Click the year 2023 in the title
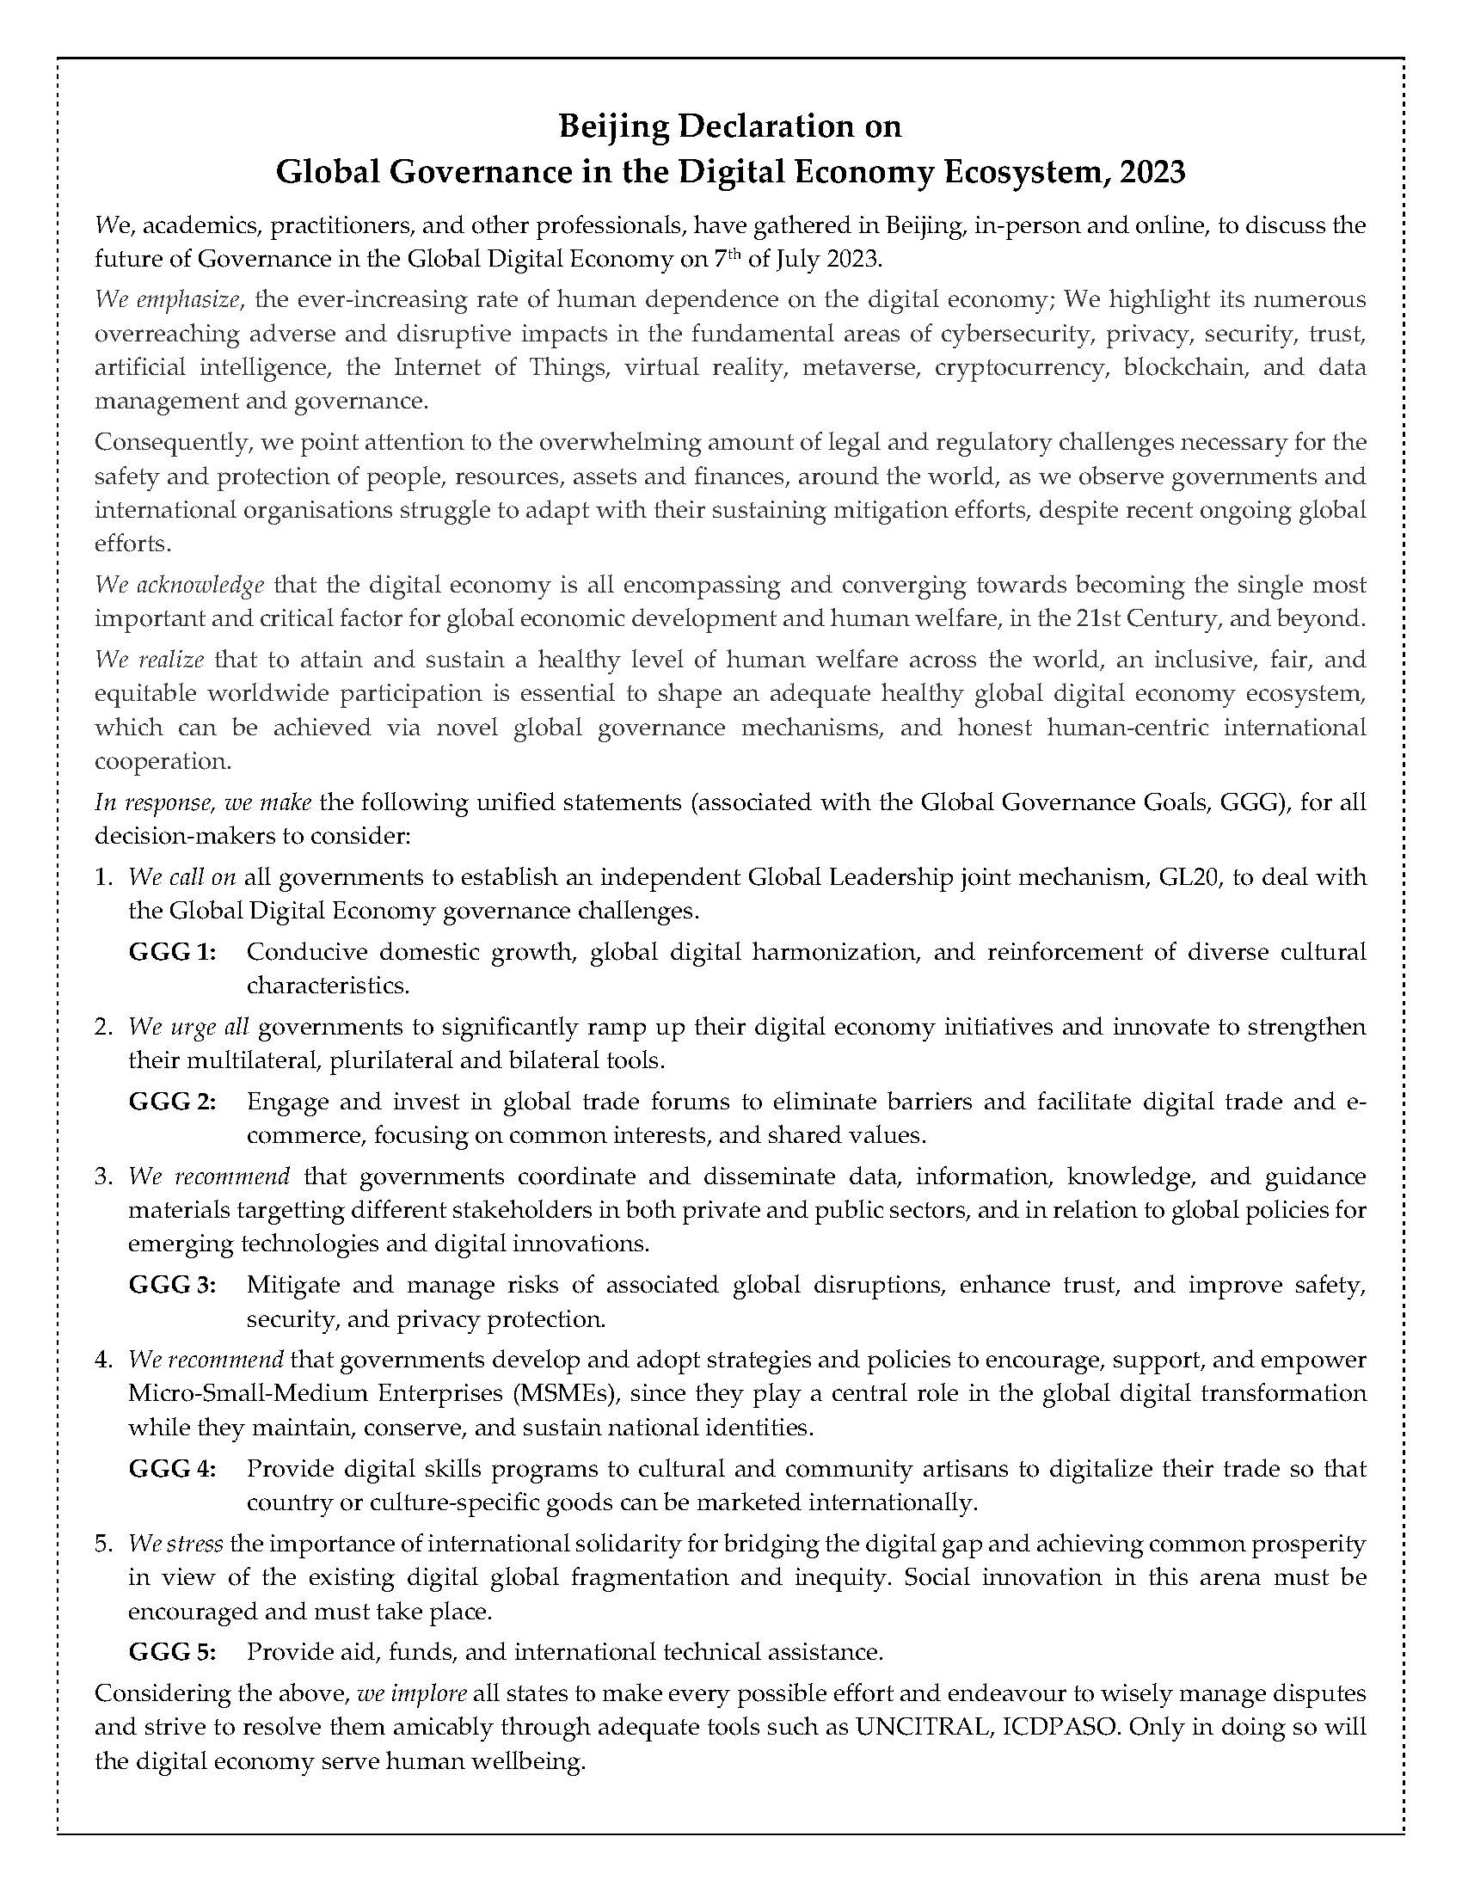tap(1152, 172)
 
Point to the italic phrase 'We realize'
tap(149, 660)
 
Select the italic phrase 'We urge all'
tap(189, 1028)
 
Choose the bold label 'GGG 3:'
tap(172, 1285)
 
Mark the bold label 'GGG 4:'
tap(172, 1469)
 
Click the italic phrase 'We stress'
tap(175, 1544)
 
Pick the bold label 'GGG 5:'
tap(172, 1652)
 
